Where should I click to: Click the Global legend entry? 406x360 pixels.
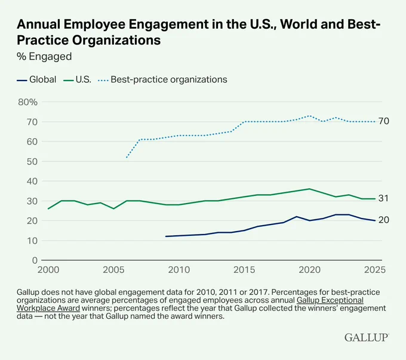pyautogui.click(x=36, y=79)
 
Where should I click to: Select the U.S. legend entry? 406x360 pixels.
pyautogui.click(x=78, y=79)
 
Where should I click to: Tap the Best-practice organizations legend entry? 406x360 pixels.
pyautogui.click(x=162, y=79)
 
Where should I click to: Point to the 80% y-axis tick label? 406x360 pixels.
pyautogui.click(x=27, y=102)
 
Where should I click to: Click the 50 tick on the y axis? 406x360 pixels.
pyautogui.click(x=32, y=161)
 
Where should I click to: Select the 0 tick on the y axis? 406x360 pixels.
pyautogui.click(x=35, y=260)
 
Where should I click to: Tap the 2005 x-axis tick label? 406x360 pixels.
pyautogui.click(x=113, y=270)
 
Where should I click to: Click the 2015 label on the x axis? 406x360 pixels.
pyautogui.click(x=244, y=270)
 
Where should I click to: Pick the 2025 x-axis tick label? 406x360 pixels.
pyautogui.click(x=375, y=270)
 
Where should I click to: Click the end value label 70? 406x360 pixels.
pyautogui.click(x=384, y=121)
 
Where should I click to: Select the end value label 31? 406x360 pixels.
pyautogui.click(x=384, y=198)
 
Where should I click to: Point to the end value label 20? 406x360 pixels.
pyautogui.click(x=384, y=220)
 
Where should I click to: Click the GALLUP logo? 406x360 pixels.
pyautogui.click(x=367, y=337)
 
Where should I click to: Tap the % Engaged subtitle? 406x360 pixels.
pyautogui.click(x=44, y=57)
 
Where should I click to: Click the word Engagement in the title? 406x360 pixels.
pyautogui.click(x=168, y=24)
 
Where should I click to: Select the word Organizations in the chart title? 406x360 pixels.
pyautogui.click(x=116, y=41)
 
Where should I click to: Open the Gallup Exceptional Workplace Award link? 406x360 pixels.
pyautogui.click(x=190, y=304)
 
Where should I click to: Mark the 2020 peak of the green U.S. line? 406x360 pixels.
pyautogui.click(x=309, y=189)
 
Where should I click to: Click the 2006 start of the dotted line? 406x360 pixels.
pyautogui.click(x=127, y=157)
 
